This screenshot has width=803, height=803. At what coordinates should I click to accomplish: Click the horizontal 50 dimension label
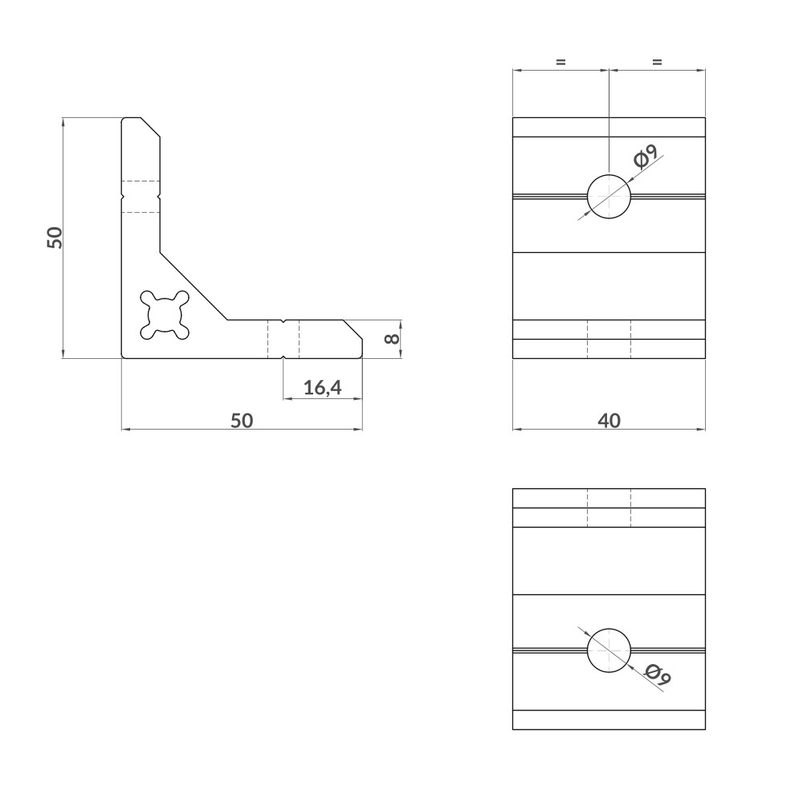point(242,421)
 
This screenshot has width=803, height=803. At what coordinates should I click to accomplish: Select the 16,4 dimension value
point(322,389)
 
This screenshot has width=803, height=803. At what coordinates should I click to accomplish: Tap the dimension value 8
point(392,339)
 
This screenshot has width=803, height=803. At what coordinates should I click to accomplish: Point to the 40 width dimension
point(609,421)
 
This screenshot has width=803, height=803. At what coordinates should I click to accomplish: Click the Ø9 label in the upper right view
point(646,156)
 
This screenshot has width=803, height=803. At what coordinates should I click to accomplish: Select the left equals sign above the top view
point(560,62)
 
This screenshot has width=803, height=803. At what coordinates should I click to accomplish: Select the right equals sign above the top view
point(657,62)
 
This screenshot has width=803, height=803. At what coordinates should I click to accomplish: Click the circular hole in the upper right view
point(609,196)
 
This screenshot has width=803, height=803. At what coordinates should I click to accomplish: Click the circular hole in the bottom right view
point(609,650)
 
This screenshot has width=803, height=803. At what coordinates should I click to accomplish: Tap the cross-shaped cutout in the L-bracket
point(165,314)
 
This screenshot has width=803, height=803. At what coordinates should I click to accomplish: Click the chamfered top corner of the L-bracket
point(153,128)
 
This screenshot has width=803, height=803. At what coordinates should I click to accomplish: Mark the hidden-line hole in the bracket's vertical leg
point(141,195)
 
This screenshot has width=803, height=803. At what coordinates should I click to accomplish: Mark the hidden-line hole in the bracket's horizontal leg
point(283,339)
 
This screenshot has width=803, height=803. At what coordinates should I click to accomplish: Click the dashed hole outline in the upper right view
point(609,339)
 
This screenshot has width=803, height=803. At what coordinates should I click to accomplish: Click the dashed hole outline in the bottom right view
point(609,507)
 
